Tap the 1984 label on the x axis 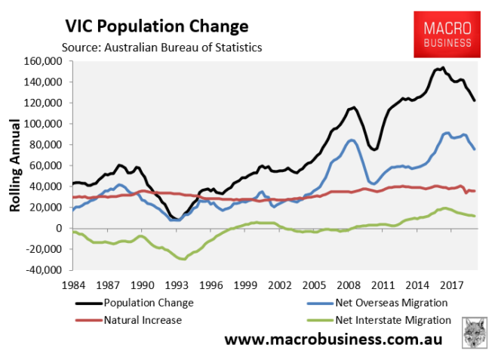click(72, 286)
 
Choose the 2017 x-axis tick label click(451, 286)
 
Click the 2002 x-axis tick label click(279, 286)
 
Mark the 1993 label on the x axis click(176, 286)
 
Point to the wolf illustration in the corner click(474, 333)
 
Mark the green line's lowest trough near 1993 click(182, 259)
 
